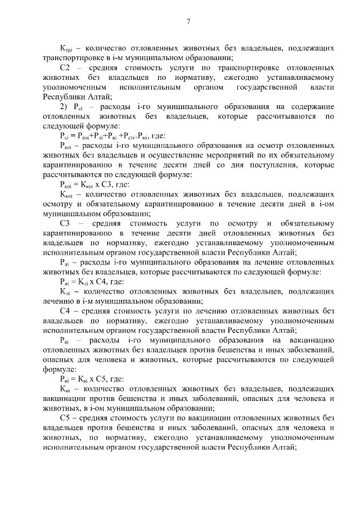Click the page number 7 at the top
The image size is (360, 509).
pos(188,22)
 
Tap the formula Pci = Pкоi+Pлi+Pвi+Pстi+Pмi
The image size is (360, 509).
pos(105,136)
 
